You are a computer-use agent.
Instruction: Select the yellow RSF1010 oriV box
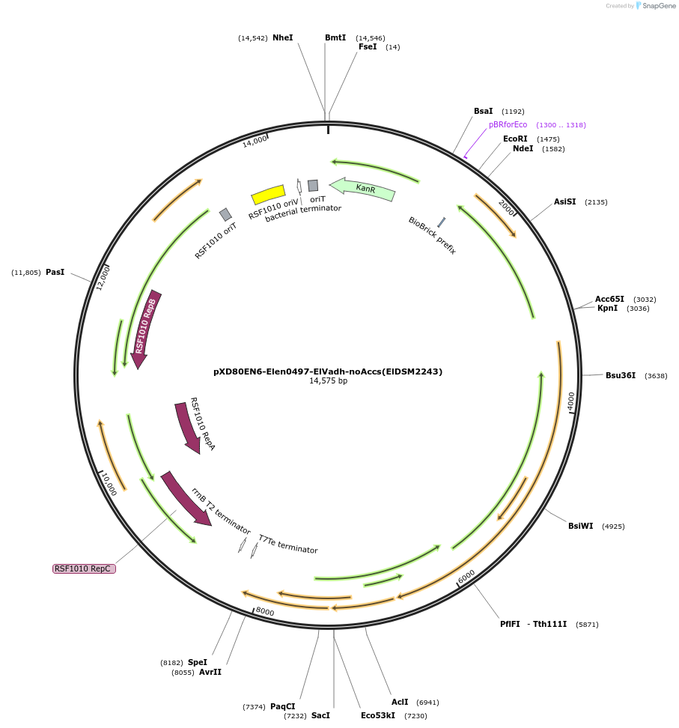tap(268, 195)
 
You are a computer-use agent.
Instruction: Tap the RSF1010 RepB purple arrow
tap(146, 328)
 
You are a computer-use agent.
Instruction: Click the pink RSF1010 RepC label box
tap(84, 568)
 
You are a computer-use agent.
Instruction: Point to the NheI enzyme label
tap(282, 37)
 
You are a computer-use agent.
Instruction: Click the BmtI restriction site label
tap(335, 37)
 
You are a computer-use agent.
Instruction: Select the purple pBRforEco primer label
tap(508, 124)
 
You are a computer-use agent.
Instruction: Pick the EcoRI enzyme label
tap(515, 139)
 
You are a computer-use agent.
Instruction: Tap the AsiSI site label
tap(564, 201)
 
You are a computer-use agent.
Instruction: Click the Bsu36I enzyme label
tap(620, 375)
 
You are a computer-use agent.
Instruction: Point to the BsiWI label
tap(580, 526)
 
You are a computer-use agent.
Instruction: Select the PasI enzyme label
tap(55, 272)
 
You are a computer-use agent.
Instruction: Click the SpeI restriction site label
tap(197, 662)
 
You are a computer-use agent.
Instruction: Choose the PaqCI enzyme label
tap(282, 706)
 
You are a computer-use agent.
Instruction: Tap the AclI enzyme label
tap(400, 702)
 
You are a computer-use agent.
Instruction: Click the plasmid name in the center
tap(328, 371)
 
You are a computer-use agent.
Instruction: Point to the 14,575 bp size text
tap(328, 381)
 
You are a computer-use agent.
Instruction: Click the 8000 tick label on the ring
tap(265, 612)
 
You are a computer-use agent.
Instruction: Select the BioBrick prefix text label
tap(432, 235)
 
